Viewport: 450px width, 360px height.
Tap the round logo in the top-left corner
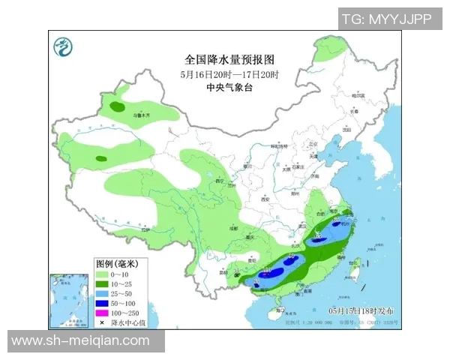point(64,49)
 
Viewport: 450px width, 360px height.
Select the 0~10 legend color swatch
point(103,275)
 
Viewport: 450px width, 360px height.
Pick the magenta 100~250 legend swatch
point(103,311)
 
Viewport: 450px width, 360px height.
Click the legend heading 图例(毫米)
point(117,264)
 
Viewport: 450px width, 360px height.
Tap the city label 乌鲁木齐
point(142,116)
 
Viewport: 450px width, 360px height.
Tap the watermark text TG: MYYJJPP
point(387,19)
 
